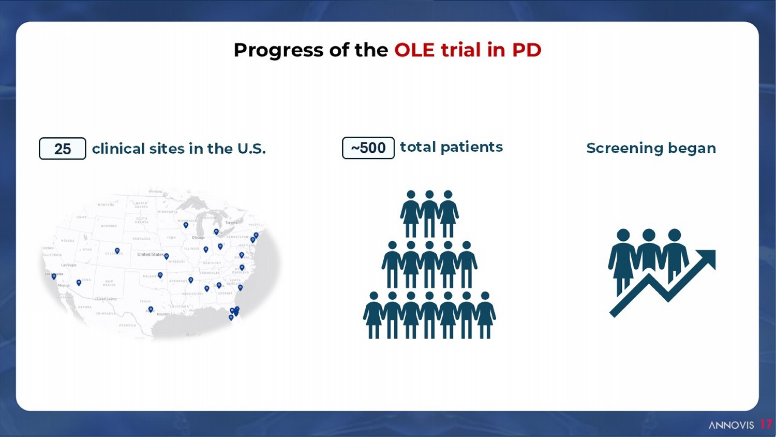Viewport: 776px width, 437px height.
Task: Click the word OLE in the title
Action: (x=414, y=50)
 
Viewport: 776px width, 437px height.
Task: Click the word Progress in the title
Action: (x=278, y=50)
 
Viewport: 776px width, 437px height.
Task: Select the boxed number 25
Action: (x=63, y=149)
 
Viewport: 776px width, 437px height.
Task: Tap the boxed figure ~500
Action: (x=368, y=148)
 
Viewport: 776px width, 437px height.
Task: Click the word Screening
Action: (x=624, y=149)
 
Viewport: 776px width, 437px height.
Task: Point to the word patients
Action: (x=471, y=147)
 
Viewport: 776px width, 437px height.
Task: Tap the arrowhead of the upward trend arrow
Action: (x=708, y=257)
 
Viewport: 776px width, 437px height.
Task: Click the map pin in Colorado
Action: (x=117, y=251)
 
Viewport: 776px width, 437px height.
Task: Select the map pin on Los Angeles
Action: (x=54, y=276)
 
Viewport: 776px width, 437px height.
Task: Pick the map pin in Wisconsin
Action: (x=186, y=225)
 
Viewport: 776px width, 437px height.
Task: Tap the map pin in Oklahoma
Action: (x=160, y=275)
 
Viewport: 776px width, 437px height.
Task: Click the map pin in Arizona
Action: (x=79, y=283)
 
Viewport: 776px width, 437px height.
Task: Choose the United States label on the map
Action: (x=150, y=255)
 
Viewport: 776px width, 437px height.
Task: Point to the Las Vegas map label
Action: (x=68, y=265)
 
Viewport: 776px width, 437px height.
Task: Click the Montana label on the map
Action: (x=106, y=205)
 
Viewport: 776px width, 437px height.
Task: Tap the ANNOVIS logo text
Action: (x=731, y=425)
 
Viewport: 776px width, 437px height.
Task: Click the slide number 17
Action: (x=766, y=425)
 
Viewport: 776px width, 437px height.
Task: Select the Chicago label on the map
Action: (x=198, y=238)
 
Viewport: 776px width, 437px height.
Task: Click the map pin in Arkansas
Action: (x=191, y=280)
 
